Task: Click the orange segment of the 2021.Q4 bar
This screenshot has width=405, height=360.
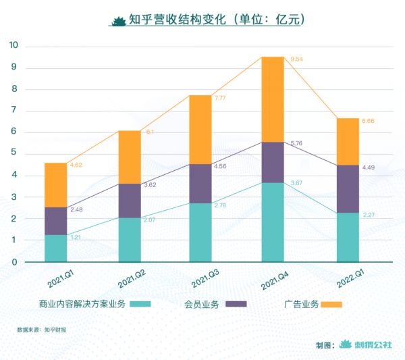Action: click(x=273, y=99)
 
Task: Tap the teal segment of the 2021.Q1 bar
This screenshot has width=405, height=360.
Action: click(x=55, y=248)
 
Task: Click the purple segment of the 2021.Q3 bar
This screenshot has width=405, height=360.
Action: click(x=200, y=183)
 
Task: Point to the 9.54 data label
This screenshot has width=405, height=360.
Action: click(x=297, y=60)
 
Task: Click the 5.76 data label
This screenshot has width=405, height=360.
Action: click(x=297, y=143)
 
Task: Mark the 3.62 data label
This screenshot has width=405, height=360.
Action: click(x=150, y=184)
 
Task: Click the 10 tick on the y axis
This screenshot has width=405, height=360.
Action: click(x=13, y=46)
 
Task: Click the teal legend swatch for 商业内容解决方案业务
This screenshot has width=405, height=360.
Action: click(x=140, y=304)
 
